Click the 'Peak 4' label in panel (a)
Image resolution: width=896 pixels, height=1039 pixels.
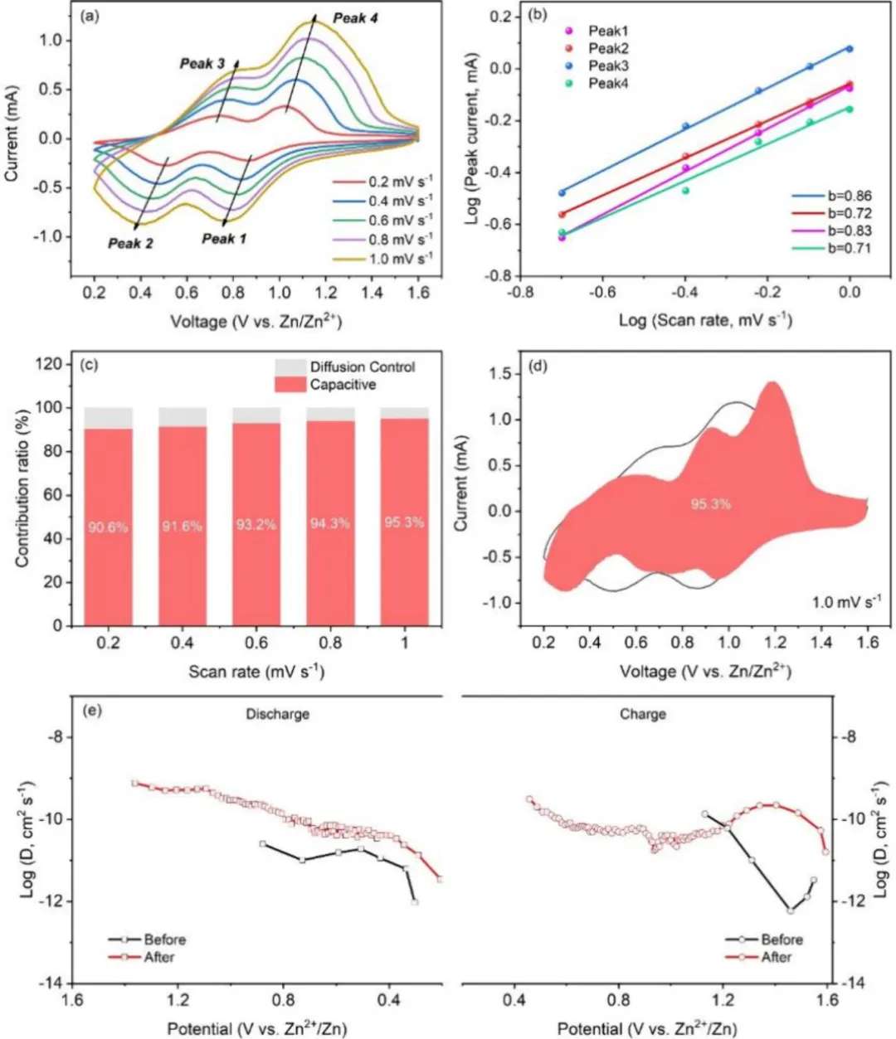pos(355,18)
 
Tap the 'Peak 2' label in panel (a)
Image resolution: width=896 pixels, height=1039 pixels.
pos(130,243)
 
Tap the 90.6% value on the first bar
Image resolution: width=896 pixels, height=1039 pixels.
pos(108,526)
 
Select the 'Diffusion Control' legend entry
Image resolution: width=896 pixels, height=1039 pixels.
pos(362,367)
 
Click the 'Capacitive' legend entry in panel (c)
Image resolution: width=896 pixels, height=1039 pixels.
pos(343,385)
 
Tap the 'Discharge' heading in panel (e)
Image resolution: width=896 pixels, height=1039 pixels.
pos(278,714)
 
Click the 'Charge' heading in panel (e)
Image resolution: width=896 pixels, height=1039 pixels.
pos(643,714)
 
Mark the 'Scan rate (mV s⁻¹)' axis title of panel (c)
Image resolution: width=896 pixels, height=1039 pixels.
pos(256,671)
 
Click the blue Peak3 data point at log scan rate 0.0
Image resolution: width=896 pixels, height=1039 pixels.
pos(850,49)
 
